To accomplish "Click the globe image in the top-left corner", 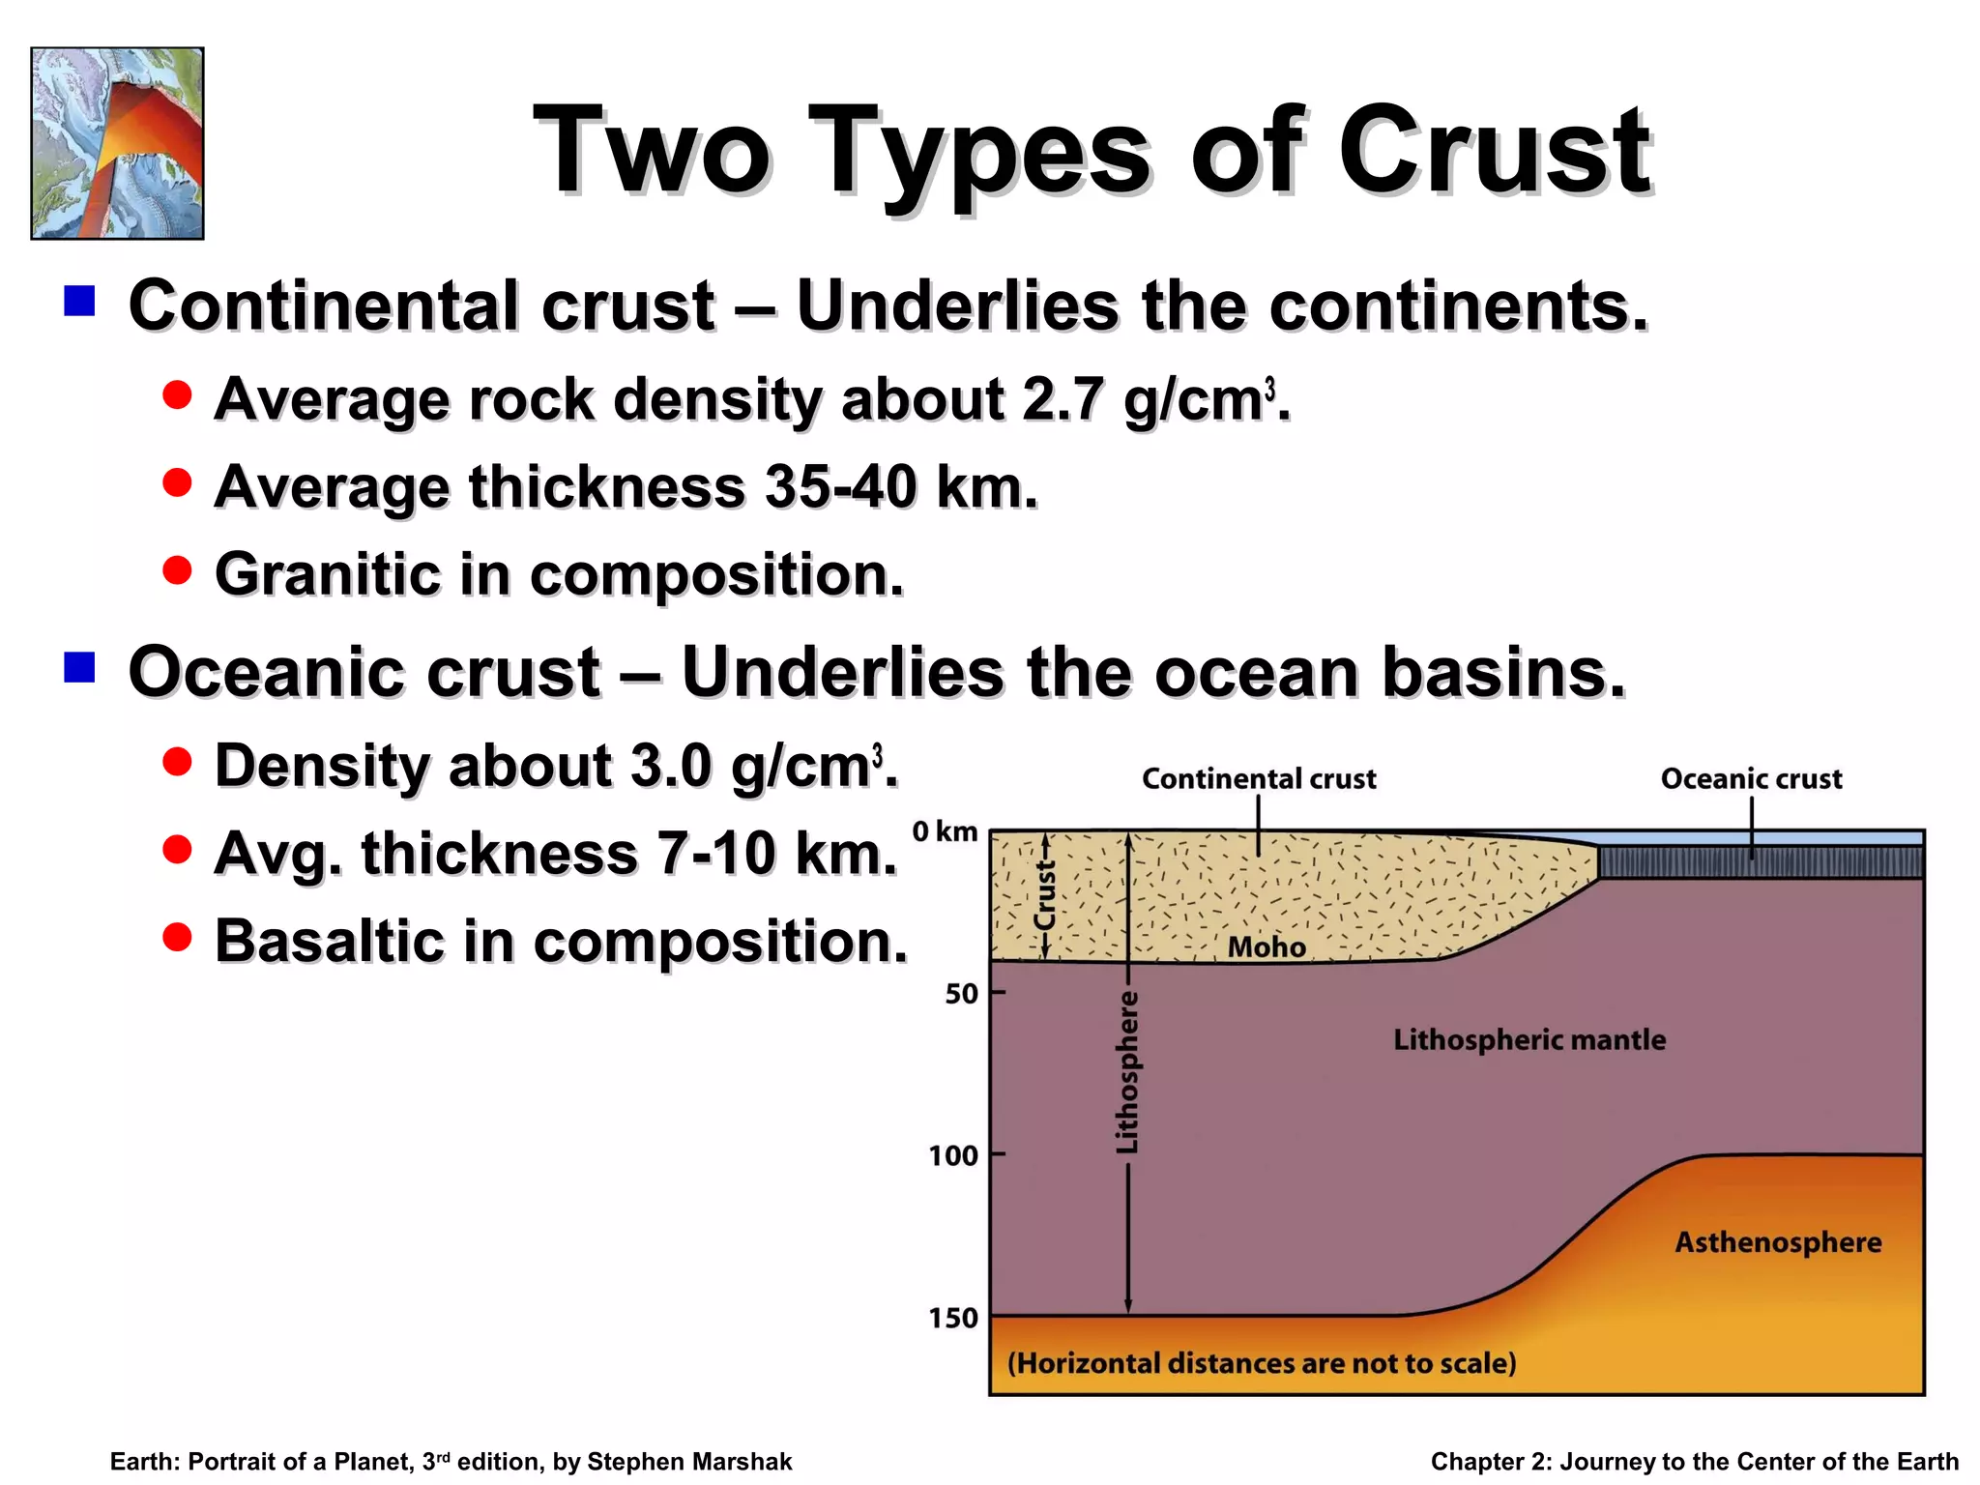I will (x=117, y=143).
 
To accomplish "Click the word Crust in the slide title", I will (x=1494, y=152).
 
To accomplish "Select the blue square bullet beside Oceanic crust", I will (x=79, y=667).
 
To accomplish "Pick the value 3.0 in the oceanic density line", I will (x=671, y=766).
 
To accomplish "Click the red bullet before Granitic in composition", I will (x=177, y=569).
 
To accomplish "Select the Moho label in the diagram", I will (x=1267, y=946).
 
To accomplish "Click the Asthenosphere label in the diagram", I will (x=1778, y=1241).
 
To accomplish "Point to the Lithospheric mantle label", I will (x=1529, y=1039).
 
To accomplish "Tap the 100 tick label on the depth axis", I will (x=953, y=1154).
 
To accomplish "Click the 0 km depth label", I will (x=945, y=831).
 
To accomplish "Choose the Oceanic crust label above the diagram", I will (x=1751, y=778).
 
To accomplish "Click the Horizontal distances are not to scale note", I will (x=1262, y=1363).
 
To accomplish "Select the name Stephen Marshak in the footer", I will (x=689, y=1461).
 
